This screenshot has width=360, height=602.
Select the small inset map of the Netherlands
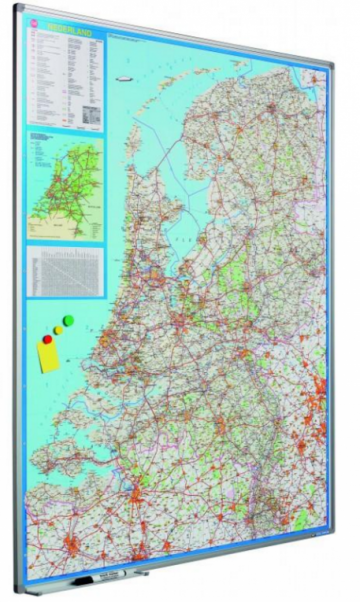65,185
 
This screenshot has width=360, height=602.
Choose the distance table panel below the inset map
66,270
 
